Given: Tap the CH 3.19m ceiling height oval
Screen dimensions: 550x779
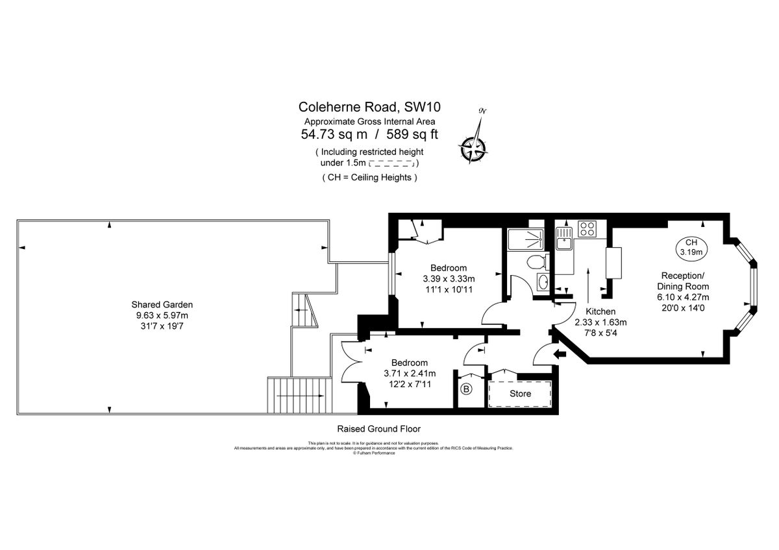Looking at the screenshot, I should click(x=690, y=246).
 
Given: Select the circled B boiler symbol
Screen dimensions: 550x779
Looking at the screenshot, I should click(x=466, y=390).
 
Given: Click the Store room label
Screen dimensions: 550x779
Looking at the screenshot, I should click(x=520, y=394).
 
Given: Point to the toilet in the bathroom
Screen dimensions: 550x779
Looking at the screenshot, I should click(x=537, y=262).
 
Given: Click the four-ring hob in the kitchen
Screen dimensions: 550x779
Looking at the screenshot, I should click(x=587, y=228).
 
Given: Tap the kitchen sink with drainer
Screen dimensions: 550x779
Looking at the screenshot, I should click(x=563, y=236).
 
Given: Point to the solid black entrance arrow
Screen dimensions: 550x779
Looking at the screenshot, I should click(x=558, y=354).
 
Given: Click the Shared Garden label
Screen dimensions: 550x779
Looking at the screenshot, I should click(x=162, y=304).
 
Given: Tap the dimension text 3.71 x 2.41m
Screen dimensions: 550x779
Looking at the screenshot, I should click(x=410, y=374).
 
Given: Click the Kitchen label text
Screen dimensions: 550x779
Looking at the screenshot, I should click(x=600, y=311).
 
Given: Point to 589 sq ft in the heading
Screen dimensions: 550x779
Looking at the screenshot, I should click(x=413, y=135).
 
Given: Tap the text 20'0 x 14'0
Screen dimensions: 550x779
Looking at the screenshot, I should click(x=682, y=308).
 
